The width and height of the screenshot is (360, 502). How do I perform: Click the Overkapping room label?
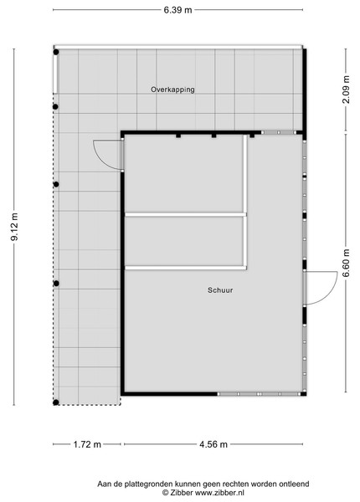pyautogui.click(x=172, y=90)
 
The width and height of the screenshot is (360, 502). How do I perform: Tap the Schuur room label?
pyautogui.click(x=220, y=290)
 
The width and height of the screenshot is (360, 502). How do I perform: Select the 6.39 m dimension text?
pyautogui.click(x=177, y=10)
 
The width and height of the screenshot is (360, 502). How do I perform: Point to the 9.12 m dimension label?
pyautogui.click(x=14, y=227)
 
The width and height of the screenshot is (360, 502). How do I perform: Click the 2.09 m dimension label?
pyautogui.click(x=346, y=90)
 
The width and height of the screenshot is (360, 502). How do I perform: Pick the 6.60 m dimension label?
pyautogui.click(x=346, y=264)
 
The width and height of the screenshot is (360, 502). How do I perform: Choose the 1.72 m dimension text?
pyautogui.click(x=87, y=444)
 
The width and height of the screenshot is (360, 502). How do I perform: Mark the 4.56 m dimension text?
pyautogui.click(x=213, y=444)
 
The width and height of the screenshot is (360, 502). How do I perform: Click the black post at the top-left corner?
pyautogui.click(x=56, y=52)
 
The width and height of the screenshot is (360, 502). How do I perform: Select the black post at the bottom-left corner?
pyautogui.click(x=56, y=402)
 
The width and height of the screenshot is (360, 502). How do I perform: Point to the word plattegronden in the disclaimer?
pyautogui.click(x=145, y=484)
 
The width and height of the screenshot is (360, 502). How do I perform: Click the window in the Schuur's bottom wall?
pyautogui.click(x=260, y=394)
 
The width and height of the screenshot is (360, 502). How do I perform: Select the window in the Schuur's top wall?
pyautogui.click(x=279, y=132)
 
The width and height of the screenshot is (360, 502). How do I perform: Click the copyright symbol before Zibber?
pyautogui.click(x=165, y=493)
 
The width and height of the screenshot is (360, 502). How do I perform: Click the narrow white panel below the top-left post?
pyautogui.click(x=55, y=74)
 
